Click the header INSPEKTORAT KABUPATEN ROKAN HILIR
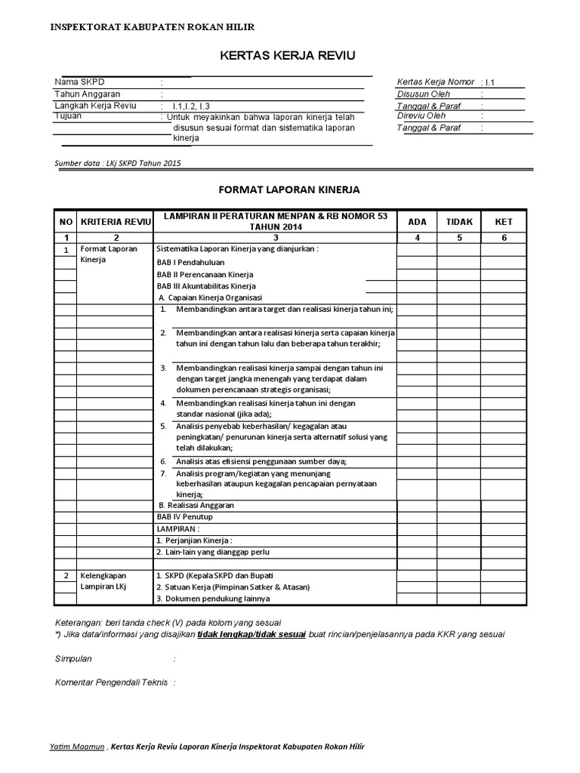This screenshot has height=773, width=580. point(152,26)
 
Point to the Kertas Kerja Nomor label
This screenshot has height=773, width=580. point(435,82)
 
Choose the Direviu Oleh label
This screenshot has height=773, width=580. point(421,116)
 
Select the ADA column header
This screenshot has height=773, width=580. point(417,221)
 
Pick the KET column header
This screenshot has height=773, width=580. point(503,221)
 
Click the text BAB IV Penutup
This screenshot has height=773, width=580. point(185,517)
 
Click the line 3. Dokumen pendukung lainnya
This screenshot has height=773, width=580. point(212,599)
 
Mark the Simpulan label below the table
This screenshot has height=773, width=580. point(74,658)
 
